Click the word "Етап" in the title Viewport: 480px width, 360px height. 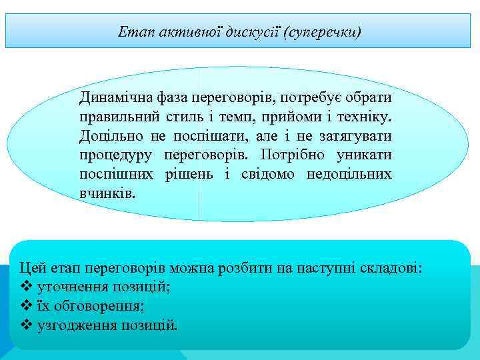(x=132, y=31)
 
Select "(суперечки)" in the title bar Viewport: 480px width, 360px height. (x=323, y=31)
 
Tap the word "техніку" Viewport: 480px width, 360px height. (x=365, y=117)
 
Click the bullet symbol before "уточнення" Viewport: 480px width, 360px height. (x=27, y=287)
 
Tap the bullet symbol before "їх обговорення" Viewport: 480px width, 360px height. (x=27, y=306)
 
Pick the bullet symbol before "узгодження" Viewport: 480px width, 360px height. (x=27, y=325)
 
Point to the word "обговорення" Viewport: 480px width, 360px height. (x=99, y=306)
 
